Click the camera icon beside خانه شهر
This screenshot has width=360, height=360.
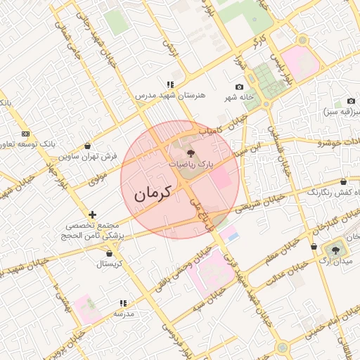pyautogui.click(x=239, y=86)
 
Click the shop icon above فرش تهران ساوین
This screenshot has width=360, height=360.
pyautogui.click(x=86, y=146)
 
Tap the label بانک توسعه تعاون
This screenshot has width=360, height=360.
pyautogui.click(x=28, y=144)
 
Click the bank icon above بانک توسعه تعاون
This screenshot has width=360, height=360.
pyautogui.click(x=26, y=134)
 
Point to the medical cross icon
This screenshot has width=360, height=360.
pyautogui.click(x=92, y=214)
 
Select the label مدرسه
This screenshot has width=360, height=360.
pyautogui.click(x=124, y=314)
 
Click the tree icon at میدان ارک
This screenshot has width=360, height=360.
pyautogui.click(x=335, y=250)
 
